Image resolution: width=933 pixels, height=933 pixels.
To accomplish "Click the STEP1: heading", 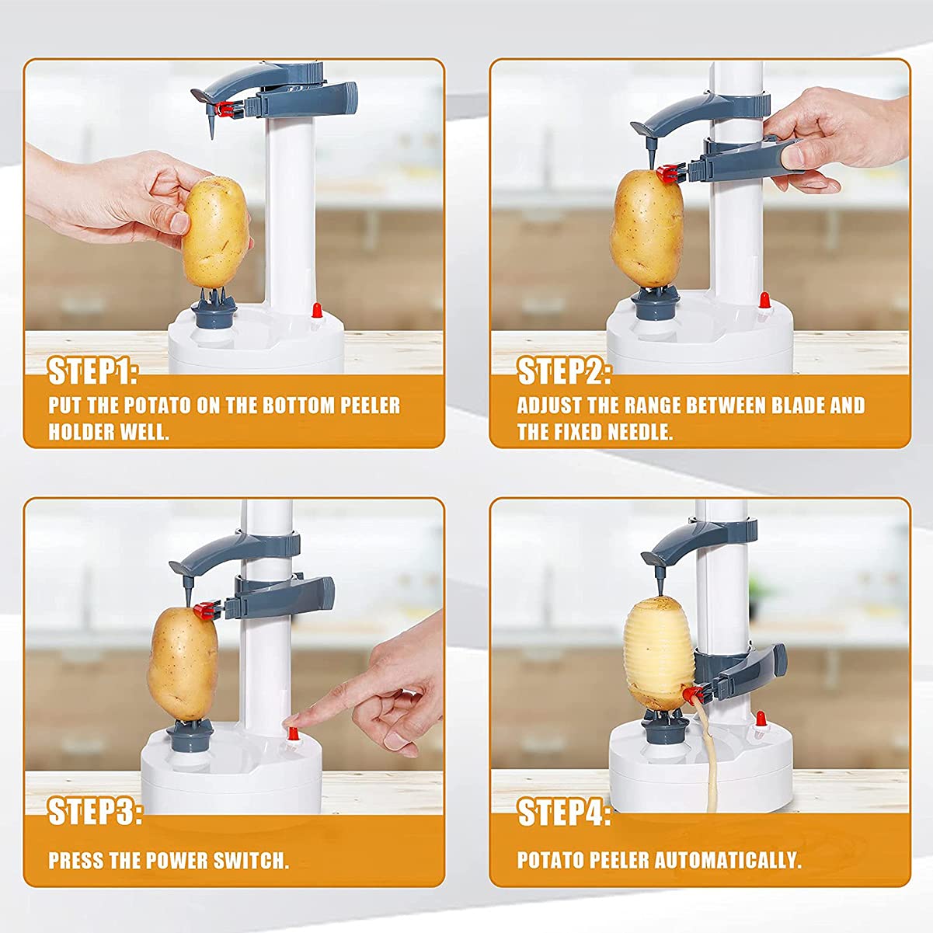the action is click(92, 372).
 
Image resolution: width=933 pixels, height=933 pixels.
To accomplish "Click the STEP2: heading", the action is click(563, 372).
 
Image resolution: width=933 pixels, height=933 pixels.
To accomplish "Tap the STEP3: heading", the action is click(95, 811).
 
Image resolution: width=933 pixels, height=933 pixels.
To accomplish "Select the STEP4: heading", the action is click(563, 812).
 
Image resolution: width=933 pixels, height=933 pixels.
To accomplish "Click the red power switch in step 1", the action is click(317, 310).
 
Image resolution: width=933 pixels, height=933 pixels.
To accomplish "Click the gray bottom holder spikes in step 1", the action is click(214, 300).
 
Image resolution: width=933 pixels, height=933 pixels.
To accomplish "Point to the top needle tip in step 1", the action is click(211, 138).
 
